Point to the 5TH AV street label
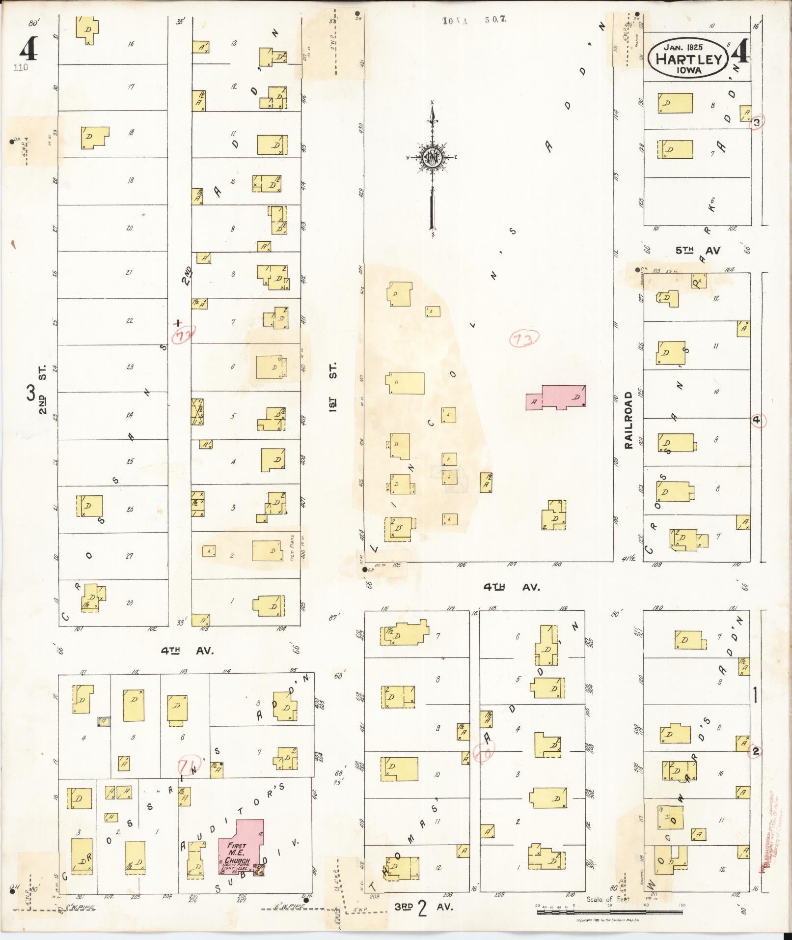(698, 251)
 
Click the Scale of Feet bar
(609, 912)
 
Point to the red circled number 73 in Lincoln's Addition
(524, 338)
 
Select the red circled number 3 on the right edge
(757, 122)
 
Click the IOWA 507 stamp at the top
(474, 20)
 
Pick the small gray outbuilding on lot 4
(103, 721)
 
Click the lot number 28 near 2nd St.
(130, 603)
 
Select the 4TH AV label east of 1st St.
(511, 587)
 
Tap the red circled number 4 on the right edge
(757, 420)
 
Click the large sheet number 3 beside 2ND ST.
(30, 394)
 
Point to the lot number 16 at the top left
(131, 44)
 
